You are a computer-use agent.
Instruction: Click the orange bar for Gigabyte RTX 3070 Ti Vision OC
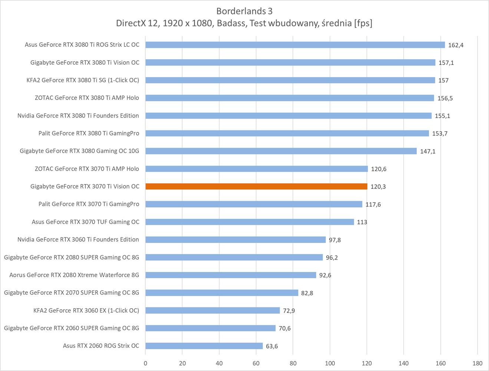[x=256, y=187]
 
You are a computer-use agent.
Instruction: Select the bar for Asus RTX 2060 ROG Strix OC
[x=204, y=346]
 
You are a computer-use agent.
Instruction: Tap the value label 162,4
[x=456, y=45]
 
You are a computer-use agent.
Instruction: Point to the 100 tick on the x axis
[x=330, y=363]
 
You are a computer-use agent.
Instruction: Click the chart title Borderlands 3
[x=244, y=11]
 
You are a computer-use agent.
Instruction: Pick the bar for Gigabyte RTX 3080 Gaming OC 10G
[x=281, y=151]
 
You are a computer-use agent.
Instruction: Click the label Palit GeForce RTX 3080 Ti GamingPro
[x=89, y=133]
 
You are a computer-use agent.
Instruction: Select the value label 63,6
[x=272, y=346]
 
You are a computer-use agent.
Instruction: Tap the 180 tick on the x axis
[x=478, y=363]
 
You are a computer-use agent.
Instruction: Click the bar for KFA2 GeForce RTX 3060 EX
[x=212, y=311]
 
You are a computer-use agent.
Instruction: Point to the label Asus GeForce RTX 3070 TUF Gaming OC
[x=86, y=222]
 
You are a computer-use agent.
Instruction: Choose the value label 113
[x=362, y=222]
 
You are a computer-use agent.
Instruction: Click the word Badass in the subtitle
[x=231, y=23]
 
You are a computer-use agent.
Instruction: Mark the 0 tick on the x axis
[x=145, y=363]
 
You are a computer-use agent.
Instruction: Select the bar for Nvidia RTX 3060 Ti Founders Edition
[x=235, y=240]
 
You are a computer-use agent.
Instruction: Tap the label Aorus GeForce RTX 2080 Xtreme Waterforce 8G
[x=74, y=275]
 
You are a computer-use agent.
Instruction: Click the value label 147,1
[x=427, y=151]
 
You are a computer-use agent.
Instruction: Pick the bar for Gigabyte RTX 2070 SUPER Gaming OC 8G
[x=222, y=293]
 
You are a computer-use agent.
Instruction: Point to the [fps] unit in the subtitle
[x=363, y=23]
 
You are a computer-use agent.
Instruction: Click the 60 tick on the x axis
[x=256, y=363]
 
